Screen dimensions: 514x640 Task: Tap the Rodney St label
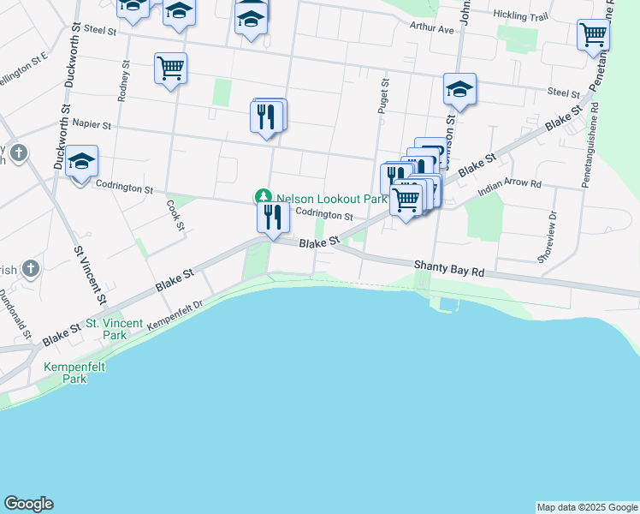[123, 81]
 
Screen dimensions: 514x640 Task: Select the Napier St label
[92, 124]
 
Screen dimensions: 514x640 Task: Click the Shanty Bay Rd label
[449, 268]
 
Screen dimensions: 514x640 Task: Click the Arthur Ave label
[431, 28]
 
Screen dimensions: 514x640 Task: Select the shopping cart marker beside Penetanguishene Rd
[593, 36]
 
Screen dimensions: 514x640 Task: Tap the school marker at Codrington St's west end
[82, 162]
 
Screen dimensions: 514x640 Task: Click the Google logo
[28, 504]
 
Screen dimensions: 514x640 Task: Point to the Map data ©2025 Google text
[586, 507]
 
